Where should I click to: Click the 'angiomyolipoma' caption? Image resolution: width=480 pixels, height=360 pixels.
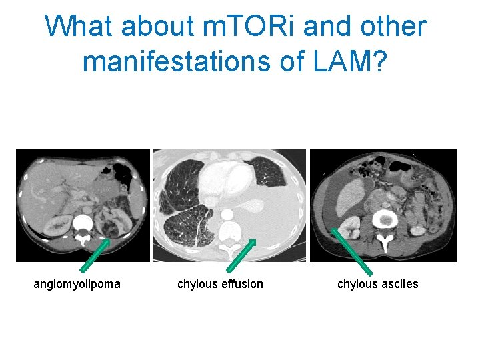(x=77, y=284)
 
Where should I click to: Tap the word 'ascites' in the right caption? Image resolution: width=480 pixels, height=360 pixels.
(x=400, y=284)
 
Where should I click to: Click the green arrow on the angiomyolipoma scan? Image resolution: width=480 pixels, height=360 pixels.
(x=95, y=255)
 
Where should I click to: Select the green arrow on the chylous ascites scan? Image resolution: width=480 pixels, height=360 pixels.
(x=352, y=252)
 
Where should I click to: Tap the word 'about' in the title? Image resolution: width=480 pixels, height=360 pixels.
(x=157, y=27)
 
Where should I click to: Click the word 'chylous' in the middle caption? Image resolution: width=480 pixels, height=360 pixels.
(x=197, y=284)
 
